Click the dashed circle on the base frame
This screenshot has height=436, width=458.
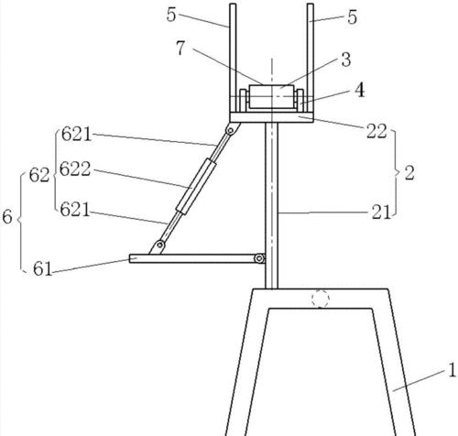click(321, 299)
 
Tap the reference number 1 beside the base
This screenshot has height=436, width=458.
click(453, 370)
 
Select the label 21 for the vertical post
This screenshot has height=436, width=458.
click(381, 213)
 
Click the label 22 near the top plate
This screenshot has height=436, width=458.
click(376, 132)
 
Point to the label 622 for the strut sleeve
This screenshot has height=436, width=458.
click(75, 169)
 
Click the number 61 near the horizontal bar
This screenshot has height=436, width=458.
click(43, 268)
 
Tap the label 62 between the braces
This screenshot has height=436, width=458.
click(39, 176)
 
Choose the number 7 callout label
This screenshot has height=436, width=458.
click(180, 48)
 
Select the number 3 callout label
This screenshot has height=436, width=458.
click(346, 60)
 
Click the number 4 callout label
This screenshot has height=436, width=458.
click(360, 91)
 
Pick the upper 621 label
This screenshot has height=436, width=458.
click(76, 134)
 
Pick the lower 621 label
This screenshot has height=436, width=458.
click(75, 210)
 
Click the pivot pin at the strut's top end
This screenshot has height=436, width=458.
click(231, 131)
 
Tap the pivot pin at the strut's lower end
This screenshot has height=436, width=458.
click(159, 245)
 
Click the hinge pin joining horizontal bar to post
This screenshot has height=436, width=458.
click(259, 258)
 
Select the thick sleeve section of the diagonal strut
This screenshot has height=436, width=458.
click(196, 186)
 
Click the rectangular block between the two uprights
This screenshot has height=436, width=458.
click(272, 96)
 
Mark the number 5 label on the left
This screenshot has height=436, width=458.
click(171, 15)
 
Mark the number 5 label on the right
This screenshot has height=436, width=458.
click(352, 17)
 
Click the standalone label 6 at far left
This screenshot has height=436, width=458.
click(7, 217)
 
